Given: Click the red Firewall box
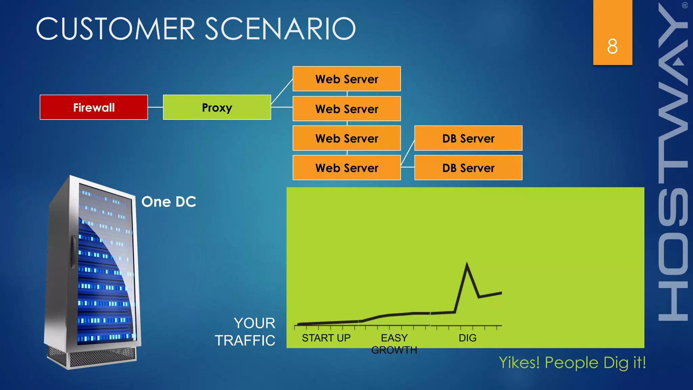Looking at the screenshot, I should point(94,107).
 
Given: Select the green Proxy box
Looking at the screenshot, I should point(217,107).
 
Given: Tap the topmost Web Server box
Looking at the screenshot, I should point(346,79).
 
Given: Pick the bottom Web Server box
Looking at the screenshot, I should point(346,168).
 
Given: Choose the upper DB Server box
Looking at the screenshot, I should point(468,138).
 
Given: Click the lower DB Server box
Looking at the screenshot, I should point(468,168).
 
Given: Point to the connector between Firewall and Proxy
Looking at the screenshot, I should point(155,107).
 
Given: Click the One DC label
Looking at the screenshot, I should point(169,202).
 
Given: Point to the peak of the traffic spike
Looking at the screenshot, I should point(467,263).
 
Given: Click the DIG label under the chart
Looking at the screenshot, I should point(467,338).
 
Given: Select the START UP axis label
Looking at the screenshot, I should point(326,338).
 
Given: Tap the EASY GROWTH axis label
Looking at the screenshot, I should point(394,344).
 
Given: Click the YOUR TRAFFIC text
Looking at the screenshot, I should point(245,332).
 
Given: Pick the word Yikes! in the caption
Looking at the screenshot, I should point(519,363).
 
